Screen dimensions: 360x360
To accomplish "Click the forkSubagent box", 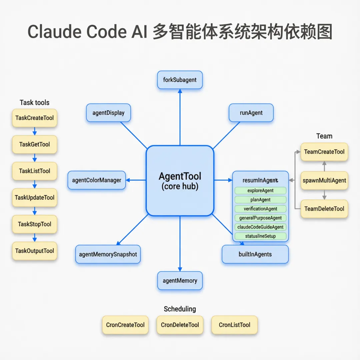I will (180, 80).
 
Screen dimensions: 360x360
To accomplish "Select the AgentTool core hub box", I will (180, 181).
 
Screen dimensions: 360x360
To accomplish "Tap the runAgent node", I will (251, 113).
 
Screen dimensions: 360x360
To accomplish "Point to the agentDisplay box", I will (108, 113).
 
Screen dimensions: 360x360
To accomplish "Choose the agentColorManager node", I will (97, 180).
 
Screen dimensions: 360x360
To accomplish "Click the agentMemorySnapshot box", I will (108, 254).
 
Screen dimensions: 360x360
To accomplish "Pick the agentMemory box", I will (180, 281).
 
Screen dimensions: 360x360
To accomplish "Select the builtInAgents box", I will (255, 254).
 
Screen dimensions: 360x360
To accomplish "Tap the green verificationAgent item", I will (260, 209).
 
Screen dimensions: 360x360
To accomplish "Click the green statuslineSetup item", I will (260, 236).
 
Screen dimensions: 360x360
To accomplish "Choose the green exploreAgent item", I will (260, 191).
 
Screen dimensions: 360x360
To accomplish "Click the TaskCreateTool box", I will (35, 118).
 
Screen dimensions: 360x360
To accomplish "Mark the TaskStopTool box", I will (35, 224).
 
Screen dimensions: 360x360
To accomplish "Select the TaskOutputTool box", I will (35, 251).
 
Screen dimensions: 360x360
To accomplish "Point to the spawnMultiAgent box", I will (324, 181).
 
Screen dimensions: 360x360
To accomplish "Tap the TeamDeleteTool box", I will (324, 209).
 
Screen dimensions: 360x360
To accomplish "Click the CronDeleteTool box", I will (180, 325).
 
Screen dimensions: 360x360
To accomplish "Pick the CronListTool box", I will (235, 325).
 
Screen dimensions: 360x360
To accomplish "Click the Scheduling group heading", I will (180, 309).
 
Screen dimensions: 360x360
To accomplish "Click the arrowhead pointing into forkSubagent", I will (180, 91).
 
